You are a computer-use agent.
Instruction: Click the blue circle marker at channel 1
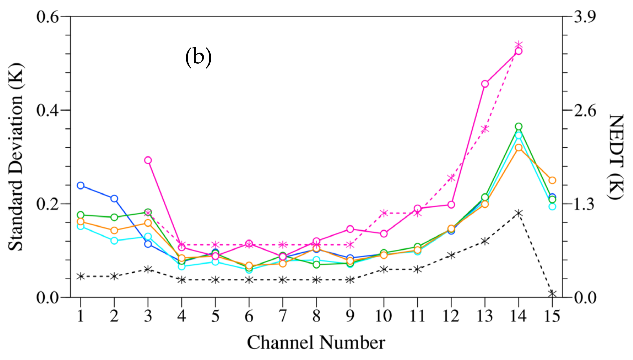pyautogui.click(x=80, y=186)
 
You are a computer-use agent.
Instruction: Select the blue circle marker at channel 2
pyautogui.click(x=114, y=198)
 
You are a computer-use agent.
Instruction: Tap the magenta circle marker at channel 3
pyautogui.click(x=148, y=160)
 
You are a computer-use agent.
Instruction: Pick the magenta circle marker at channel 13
pyautogui.click(x=485, y=84)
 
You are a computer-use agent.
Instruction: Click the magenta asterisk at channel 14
pyautogui.click(x=519, y=45)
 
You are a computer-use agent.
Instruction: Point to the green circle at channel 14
pyautogui.click(x=519, y=127)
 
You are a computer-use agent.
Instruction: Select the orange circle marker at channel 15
pyautogui.click(x=552, y=180)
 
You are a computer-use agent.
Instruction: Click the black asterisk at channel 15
pyautogui.click(x=552, y=294)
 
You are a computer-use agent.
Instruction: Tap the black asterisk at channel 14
pyautogui.click(x=519, y=213)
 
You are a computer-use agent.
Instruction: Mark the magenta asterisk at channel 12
pyautogui.click(x=451, y=178)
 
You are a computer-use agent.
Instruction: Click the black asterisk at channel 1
pyautogui.click(x=80, y=276)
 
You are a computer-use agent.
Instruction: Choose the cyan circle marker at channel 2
pyautogui.click(x=114, y=241)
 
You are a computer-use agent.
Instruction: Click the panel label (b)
pyautogui.click(x=198, y=57)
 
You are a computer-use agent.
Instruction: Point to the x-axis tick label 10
pyautogui.click(x=384, y=316)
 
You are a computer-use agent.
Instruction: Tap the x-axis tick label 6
pyautogui.click(x=249, y=316)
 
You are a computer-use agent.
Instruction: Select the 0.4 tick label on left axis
pyautogui.click(x=47, y=110)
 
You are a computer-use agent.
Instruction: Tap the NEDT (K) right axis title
pyautogui.click(x=616, y=157)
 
